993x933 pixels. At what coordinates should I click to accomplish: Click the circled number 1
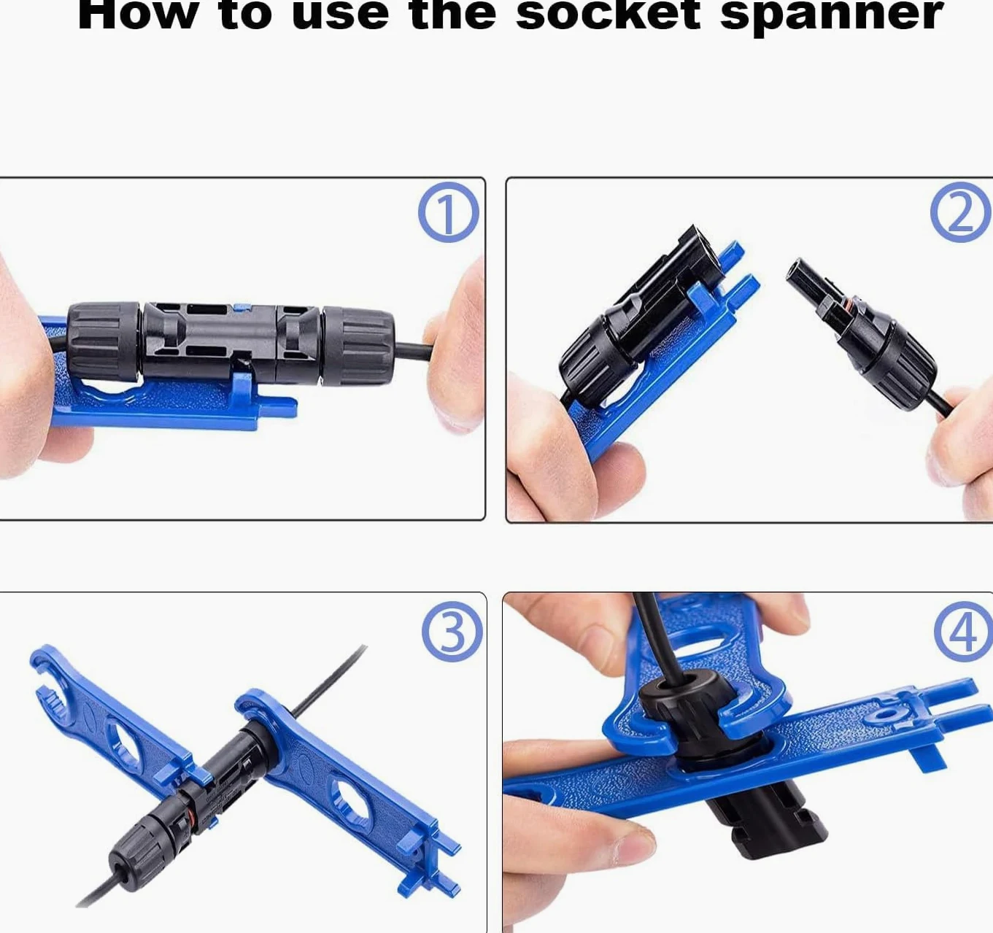coord(448,212)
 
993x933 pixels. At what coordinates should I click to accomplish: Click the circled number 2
coord(961,212)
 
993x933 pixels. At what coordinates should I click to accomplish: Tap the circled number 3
coord(452,632)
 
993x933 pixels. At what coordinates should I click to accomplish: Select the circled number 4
coord(964,632)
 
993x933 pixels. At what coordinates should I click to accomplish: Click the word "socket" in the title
coord(608,15)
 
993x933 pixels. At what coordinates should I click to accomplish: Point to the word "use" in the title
coord(340,15)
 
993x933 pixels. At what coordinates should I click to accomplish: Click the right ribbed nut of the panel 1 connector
coord(358,347)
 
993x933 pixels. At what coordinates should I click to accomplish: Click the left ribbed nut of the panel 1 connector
coord(104,341)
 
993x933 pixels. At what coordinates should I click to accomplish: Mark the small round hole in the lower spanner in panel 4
coord(886,716)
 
